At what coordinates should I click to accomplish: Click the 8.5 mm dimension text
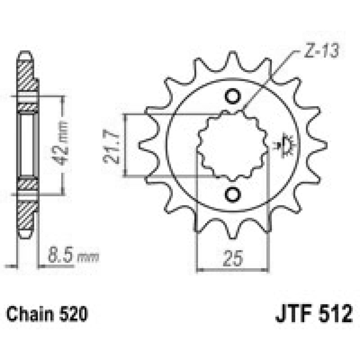pos(72,258)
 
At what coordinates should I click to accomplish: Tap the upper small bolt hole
pos(233,97)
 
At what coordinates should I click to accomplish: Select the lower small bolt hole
pos(233,193)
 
